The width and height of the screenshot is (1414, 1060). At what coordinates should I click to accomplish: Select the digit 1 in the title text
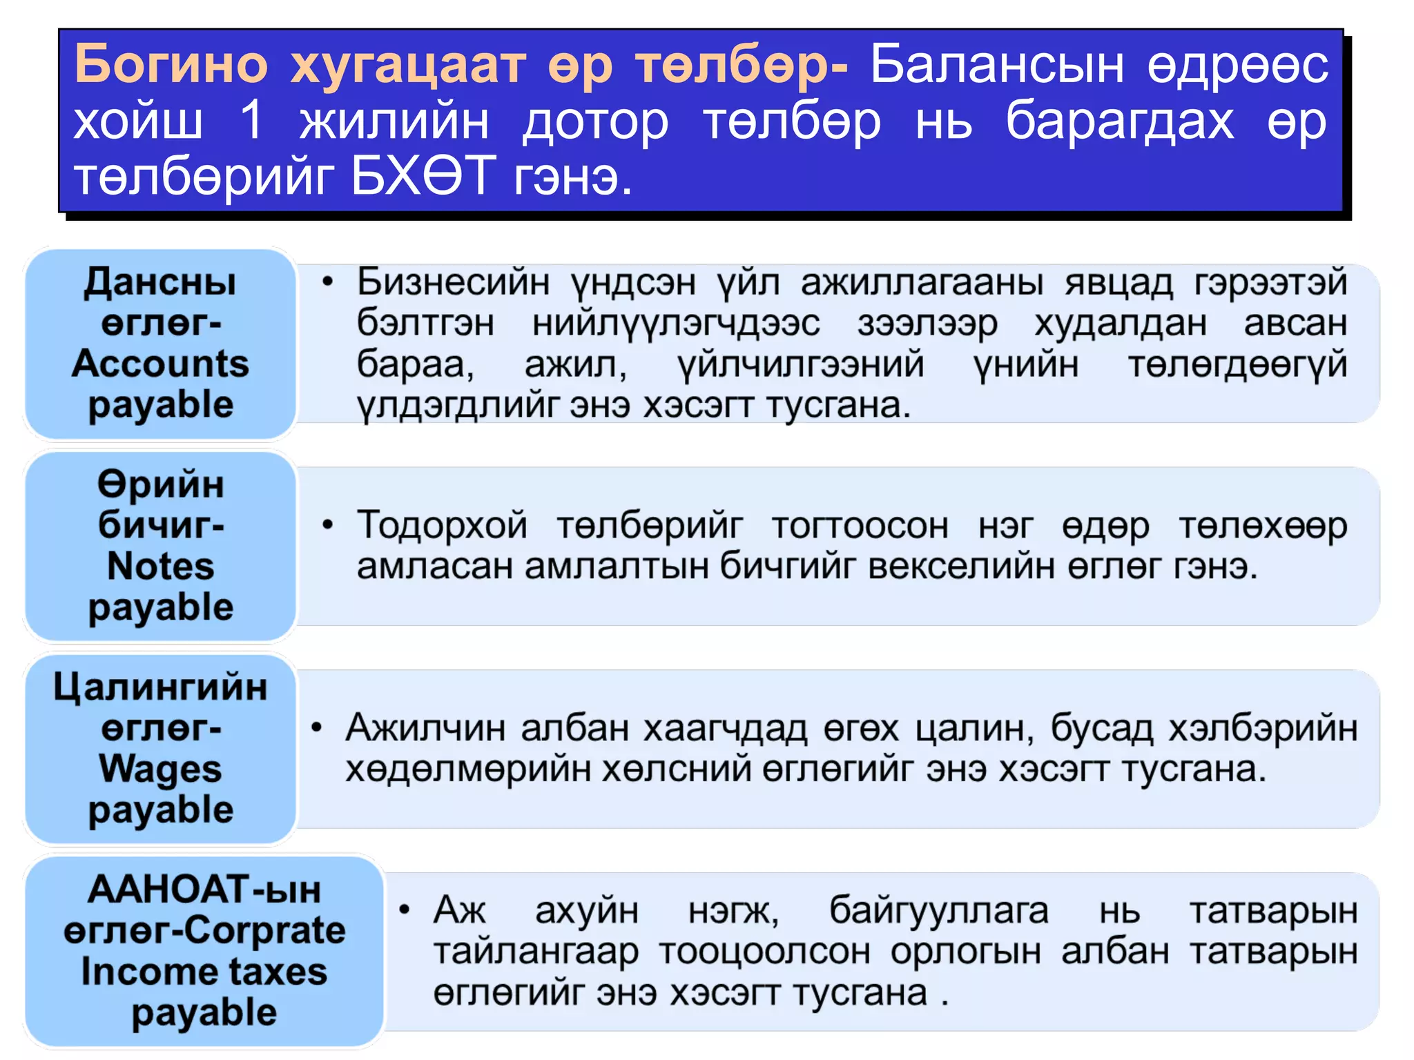[251, 121]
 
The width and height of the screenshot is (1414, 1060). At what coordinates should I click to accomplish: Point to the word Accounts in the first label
[160, 364]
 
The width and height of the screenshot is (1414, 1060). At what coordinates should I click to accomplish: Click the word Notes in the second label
[161, 567]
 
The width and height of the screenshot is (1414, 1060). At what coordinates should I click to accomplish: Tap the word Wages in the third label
[160, 769]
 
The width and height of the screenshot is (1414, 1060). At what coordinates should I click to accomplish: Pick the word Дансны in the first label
[160, 283]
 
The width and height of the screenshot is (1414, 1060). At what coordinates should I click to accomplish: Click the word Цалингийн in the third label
[160, 687]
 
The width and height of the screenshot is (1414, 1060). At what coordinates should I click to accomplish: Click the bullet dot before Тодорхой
[328, 526]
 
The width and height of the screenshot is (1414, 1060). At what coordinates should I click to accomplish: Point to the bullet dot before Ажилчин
[317, 728]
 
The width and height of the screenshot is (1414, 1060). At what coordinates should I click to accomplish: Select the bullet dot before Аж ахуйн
[405, 910]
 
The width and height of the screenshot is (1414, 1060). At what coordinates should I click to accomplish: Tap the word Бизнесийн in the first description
[453, 282]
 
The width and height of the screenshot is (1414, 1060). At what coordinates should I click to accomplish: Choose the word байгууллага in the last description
[938, 910]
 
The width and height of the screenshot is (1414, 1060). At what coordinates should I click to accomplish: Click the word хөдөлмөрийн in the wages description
[467, 769]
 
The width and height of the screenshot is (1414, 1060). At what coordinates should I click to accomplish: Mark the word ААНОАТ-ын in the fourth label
[204, 890]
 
